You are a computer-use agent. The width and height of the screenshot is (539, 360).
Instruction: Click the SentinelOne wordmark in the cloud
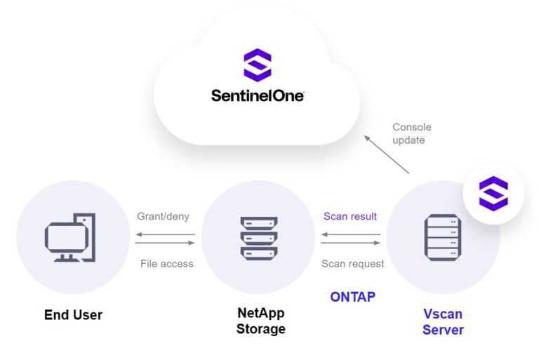258,95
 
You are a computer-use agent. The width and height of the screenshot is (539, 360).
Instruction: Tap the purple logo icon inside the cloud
257,65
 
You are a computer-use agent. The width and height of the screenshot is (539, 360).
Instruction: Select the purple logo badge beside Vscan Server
493,194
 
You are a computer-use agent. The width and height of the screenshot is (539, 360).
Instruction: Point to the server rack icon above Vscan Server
442,237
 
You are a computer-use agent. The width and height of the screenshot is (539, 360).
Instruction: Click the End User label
73,315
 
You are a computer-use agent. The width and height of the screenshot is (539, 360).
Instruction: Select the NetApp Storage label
260,321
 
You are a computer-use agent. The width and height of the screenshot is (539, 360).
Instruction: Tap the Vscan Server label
443,321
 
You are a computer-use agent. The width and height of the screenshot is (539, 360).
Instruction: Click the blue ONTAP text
352,297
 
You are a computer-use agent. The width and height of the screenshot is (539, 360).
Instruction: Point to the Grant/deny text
164,216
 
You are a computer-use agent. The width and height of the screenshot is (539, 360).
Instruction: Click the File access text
166,264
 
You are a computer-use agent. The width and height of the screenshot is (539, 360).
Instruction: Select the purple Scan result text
350,216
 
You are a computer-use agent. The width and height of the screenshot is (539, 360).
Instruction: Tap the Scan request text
352,264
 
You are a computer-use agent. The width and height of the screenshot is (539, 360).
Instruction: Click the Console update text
412,133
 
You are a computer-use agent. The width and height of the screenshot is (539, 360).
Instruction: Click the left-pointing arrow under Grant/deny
165,234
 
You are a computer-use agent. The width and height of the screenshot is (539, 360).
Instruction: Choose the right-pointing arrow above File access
165,243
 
